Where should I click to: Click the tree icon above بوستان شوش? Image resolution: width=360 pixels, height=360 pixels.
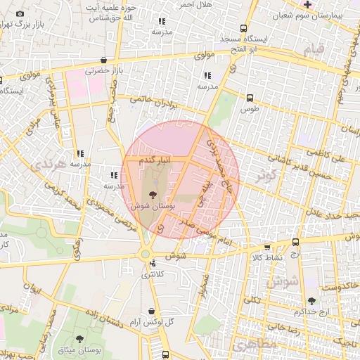[x=154, y=194]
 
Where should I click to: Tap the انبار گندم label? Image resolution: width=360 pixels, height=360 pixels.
[x=154, y=162]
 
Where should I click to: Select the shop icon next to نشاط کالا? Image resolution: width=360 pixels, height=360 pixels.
[x=266, y=247]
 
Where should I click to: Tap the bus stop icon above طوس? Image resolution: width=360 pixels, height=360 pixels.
[x=250, y=98]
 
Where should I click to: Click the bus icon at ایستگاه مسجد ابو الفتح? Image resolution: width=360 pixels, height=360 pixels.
[x=243, y=29]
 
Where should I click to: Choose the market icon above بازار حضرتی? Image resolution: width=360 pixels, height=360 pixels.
[x=104, y=60]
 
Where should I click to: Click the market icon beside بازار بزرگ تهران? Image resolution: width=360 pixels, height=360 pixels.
[x=20, y=14]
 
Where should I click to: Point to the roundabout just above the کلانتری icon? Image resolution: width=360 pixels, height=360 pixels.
[x=145, y=254]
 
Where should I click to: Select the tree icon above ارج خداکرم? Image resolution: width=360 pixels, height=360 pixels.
[x=311, y=301]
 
